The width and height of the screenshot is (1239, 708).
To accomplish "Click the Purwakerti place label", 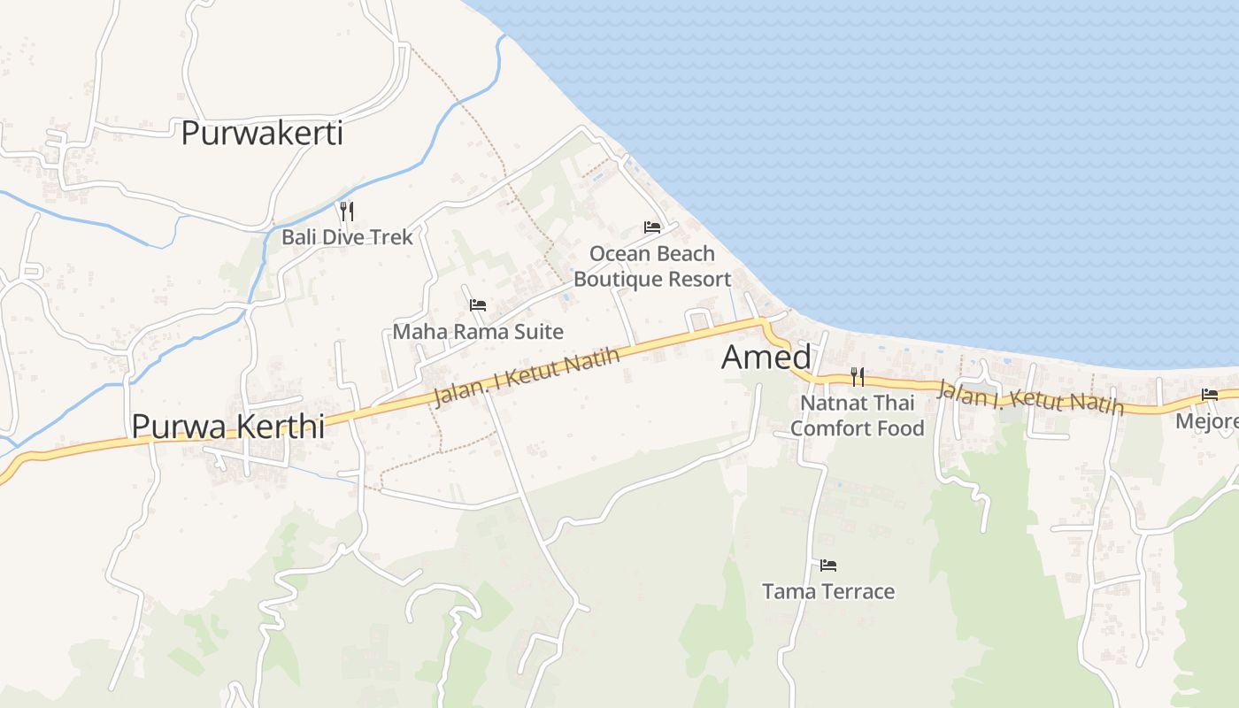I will [262, 134].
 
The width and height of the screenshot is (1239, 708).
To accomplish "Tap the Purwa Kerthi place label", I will [227, 426].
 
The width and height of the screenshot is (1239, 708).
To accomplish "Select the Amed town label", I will [766, 357].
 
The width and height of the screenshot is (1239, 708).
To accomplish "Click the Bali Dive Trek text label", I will [347, 237].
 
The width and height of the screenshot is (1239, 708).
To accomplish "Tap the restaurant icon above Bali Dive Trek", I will [347, 211].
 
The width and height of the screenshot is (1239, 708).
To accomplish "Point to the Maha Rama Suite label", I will [478, 332].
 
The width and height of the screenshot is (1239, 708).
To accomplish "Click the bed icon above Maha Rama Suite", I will [478, 305].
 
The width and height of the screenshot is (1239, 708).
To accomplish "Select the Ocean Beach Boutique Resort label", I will [652, 266].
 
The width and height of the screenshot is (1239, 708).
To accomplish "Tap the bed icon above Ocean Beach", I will [652, 227].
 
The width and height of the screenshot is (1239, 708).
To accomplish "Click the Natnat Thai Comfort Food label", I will [857, 416].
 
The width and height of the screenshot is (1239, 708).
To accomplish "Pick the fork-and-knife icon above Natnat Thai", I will [857, 377].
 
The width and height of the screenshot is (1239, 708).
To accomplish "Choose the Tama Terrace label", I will [828, 591].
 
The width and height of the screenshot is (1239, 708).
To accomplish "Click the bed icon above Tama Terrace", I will [828, 565].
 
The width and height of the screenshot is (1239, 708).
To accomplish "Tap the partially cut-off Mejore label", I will [1207, 421].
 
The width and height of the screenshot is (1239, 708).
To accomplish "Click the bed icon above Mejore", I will [1210, 395].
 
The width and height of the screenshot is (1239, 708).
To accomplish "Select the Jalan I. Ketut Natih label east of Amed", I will [1030, 396].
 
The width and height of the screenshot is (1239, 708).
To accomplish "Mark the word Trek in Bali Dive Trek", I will [393, 237].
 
